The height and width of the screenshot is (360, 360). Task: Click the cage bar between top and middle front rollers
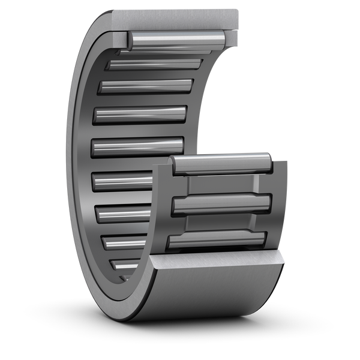[x=222, y=184]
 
